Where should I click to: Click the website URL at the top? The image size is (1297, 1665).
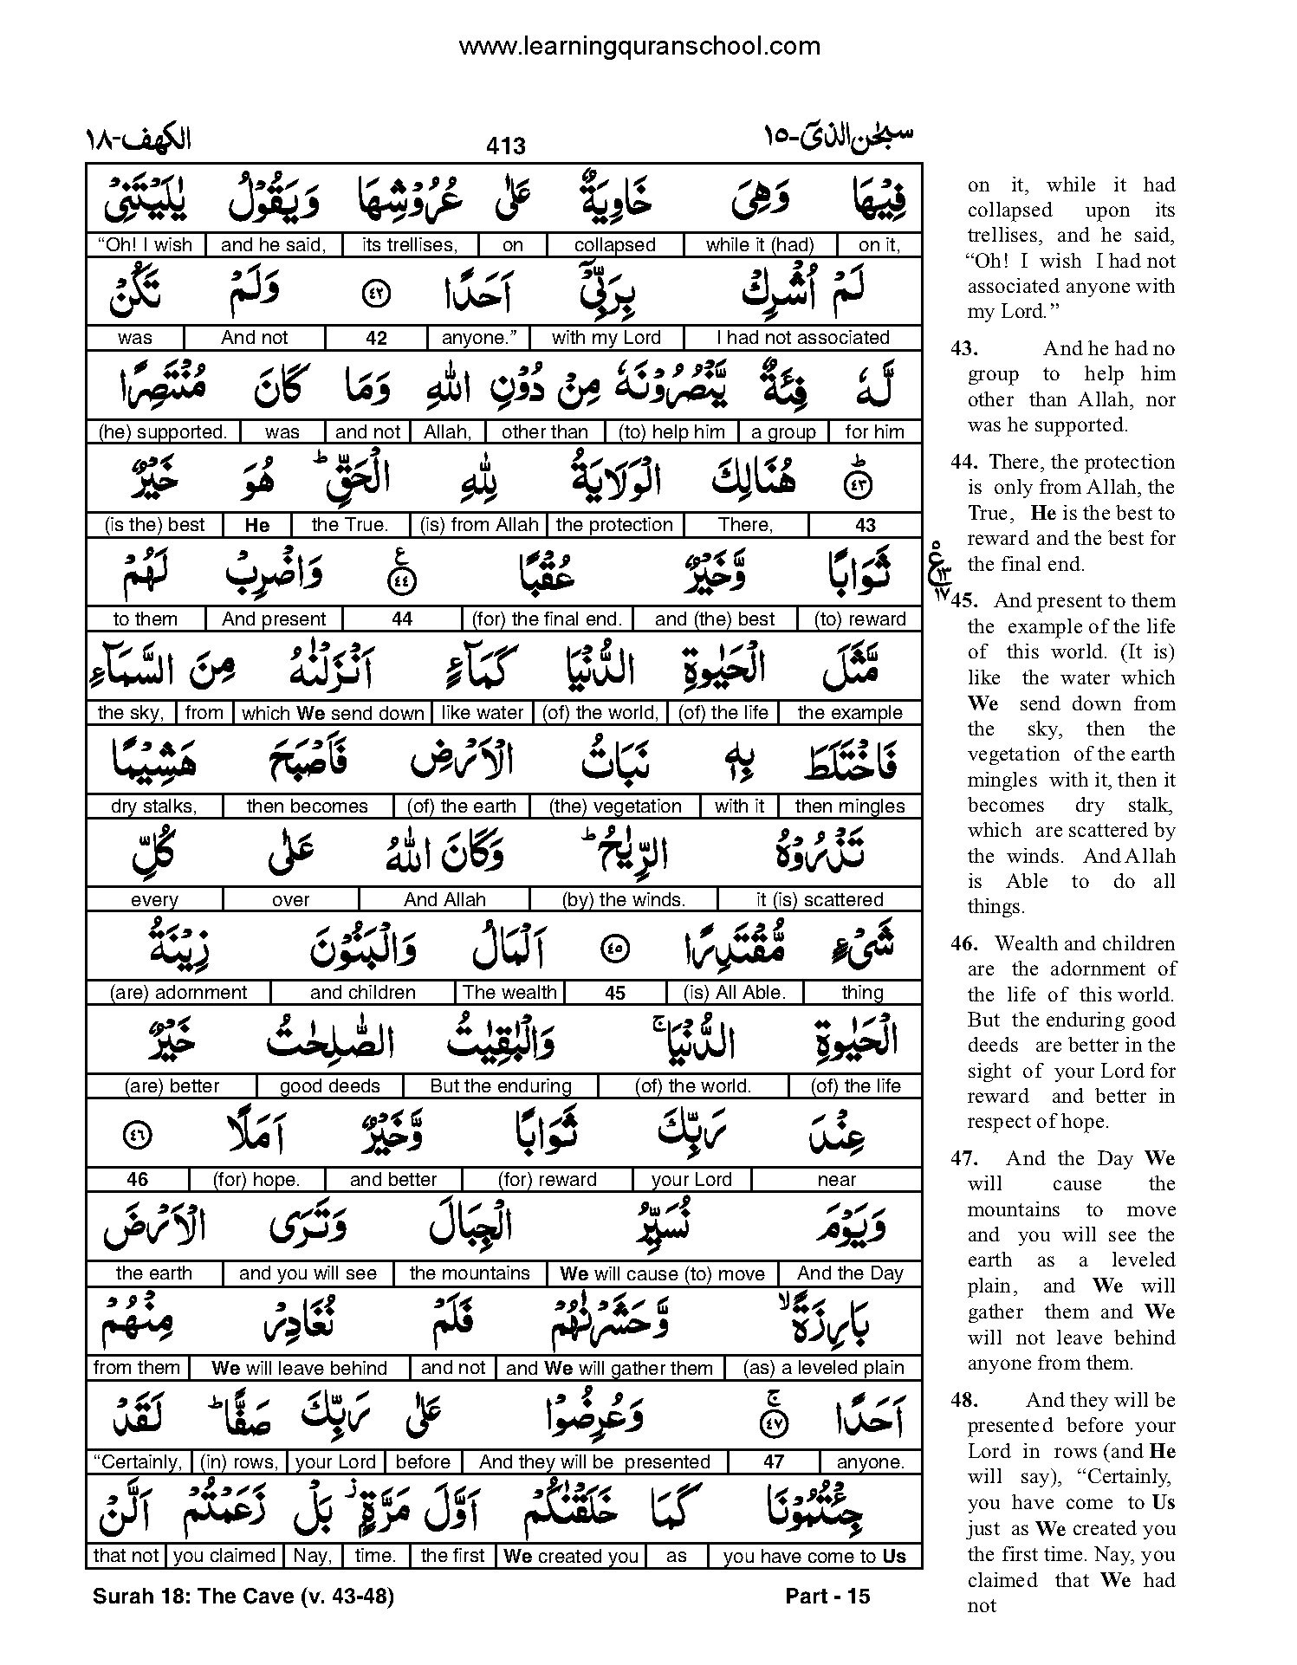(639, 46)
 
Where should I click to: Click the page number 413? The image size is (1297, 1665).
(505, 146)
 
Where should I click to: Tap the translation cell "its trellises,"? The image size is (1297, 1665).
(410, 245)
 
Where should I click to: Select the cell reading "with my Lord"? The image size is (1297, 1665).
(606, 338)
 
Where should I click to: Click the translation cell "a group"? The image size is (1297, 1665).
(783, 431)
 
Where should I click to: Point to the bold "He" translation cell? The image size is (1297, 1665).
(257, 525)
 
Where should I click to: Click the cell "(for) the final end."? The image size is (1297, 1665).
(547, 619)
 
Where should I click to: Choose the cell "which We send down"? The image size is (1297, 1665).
(333, 713)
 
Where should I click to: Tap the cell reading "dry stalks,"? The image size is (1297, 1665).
(154, 807)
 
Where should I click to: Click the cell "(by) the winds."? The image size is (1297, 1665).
(624, 900)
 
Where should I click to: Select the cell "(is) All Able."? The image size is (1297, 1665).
(735, 993)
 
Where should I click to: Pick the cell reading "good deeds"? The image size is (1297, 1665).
(330, 1086)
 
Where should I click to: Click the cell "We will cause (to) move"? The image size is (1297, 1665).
(662, 1273)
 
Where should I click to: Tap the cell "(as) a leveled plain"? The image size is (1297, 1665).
(824, 1368)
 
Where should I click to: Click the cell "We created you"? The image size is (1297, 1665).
(572, 1556)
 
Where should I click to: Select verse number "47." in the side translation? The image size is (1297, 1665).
(964, 1158)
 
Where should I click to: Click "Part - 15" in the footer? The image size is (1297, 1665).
(827, 1596)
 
